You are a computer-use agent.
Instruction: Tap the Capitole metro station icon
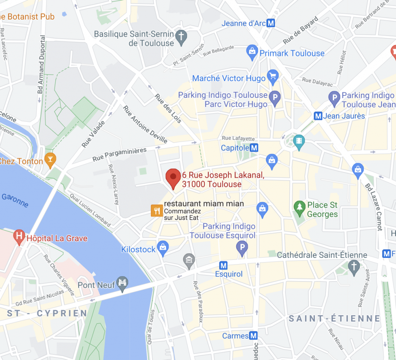254,148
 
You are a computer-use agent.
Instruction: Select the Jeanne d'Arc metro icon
271,23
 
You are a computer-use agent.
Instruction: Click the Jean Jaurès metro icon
318,116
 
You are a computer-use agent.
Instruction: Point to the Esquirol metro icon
223,265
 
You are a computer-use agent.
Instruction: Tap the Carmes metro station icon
254,336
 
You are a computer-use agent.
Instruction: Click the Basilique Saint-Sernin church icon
181,37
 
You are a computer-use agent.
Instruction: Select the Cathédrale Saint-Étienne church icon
353,266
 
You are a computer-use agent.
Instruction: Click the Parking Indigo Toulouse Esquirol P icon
242,248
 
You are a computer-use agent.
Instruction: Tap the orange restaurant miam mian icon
156,210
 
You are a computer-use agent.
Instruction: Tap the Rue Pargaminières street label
119,154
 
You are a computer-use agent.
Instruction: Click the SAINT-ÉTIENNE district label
335,318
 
